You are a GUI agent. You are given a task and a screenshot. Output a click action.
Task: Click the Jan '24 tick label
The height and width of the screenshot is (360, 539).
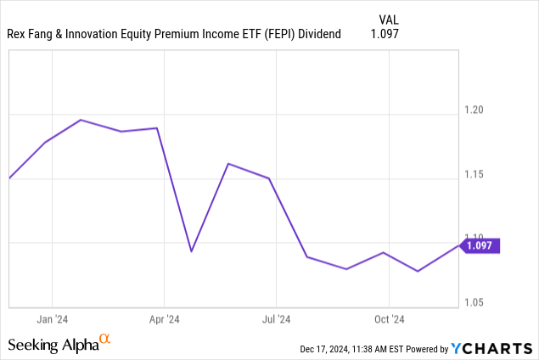(53, 319)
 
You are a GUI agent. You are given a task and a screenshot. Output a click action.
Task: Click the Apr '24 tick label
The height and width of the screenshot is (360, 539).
(164, 319)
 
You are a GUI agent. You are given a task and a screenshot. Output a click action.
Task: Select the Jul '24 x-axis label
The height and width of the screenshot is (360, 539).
(276, 319)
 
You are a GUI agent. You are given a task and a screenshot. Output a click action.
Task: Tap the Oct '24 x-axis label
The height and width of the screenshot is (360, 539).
(389, 319)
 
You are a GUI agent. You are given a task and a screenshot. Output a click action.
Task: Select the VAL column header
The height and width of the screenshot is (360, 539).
(387, 18)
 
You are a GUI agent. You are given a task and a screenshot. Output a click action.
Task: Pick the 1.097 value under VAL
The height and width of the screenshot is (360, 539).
(384, 34)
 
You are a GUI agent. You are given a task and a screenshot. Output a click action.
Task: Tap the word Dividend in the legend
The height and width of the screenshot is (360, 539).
(312, 34)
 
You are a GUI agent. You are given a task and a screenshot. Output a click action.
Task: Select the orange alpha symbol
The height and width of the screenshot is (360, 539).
(105, 339)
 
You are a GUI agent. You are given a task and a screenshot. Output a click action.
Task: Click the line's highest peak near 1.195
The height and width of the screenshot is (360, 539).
(81, 120)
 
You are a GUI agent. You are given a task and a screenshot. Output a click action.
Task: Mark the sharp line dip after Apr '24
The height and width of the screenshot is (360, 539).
(191, 251)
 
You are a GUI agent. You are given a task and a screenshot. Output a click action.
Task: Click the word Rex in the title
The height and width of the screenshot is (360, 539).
(18, 34)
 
